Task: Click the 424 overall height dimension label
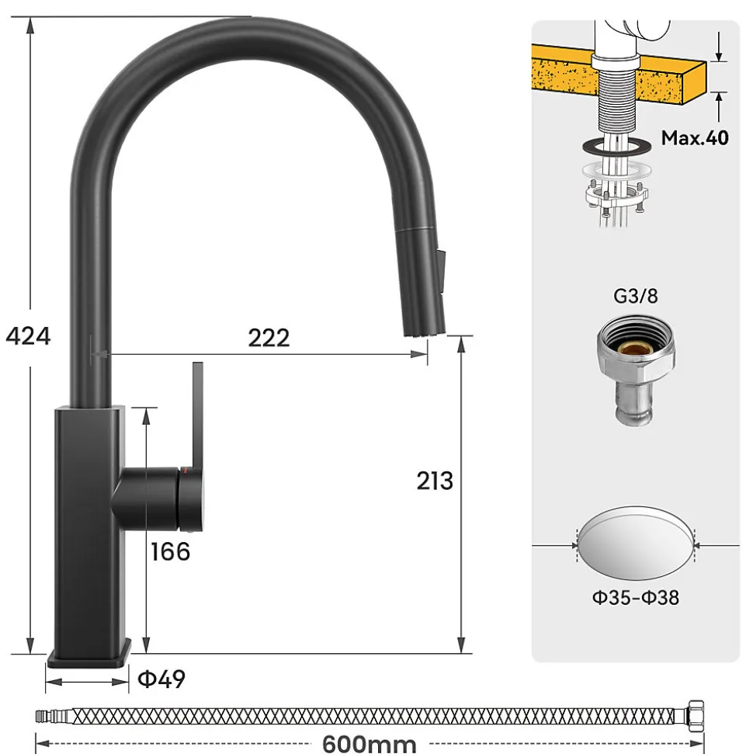pos(27,336)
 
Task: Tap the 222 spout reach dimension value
pos(269,338)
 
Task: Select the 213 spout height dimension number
pos(434,481)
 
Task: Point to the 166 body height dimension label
pos(170,551)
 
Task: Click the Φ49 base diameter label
pos(161,679)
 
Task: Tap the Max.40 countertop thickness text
pos(695,138)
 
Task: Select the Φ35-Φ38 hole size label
pos(636,597)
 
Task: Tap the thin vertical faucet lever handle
pos(196,412)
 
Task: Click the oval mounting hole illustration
pos(636,546)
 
